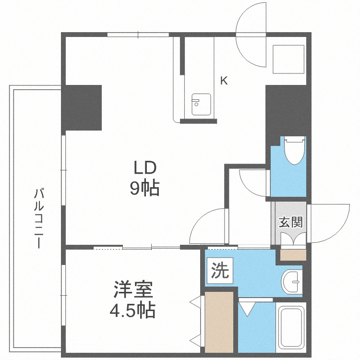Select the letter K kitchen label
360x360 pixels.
pyautogui.click(x=224, y=81)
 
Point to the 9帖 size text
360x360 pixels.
pyautogui.click(x=144, y=189)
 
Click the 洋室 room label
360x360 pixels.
pyautogui.click(x=133, y=290)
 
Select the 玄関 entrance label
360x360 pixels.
pyautogui.click(x=290, y=222)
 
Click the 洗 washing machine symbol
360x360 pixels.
pyautogui.click(x=220, y=271)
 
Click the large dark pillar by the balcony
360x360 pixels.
pyautogui.click(x=82, y=108)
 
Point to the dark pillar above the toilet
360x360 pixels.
pyautogui.click(x=286, y=110)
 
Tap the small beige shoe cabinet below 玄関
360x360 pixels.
pyautogui.click(x=292, y=254)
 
